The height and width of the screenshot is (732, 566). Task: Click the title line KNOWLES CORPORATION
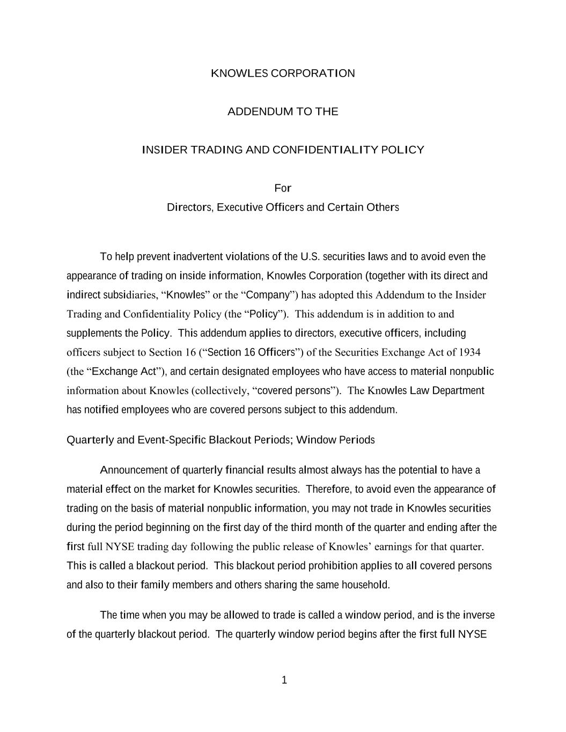[283, 73]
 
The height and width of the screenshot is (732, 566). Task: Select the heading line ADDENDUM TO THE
[283, 112]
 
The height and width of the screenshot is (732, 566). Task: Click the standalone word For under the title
[283, 188]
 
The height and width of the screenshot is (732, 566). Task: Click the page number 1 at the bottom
[284, 681]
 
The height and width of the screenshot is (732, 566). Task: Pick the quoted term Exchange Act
[123, 372]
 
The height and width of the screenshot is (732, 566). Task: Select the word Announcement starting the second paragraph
[134, 470]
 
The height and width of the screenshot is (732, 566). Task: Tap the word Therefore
[327, 489]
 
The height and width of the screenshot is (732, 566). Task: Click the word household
[366, 585]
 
